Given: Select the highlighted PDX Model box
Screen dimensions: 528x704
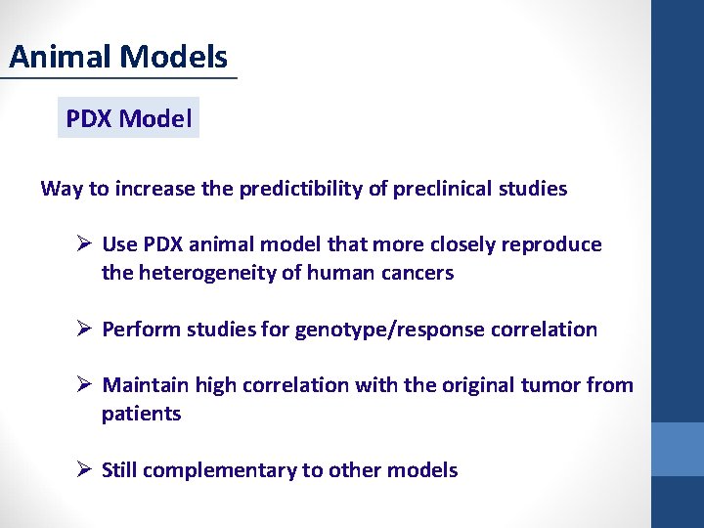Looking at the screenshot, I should pos(128,118).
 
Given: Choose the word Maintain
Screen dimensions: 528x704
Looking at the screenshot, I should pos(146,385).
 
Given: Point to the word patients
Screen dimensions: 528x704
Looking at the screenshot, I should pos(141,414).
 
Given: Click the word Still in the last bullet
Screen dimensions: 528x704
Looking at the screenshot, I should pos(124,470).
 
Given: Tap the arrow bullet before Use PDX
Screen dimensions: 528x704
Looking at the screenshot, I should pos(83,244).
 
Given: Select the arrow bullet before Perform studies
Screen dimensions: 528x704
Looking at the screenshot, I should pos(83,330).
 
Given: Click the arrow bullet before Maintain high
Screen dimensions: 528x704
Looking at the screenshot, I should pos(83,385).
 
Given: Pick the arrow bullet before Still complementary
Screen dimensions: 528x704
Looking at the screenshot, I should pos(83,470).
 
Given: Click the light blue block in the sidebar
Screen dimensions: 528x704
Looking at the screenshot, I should pos(678,449).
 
